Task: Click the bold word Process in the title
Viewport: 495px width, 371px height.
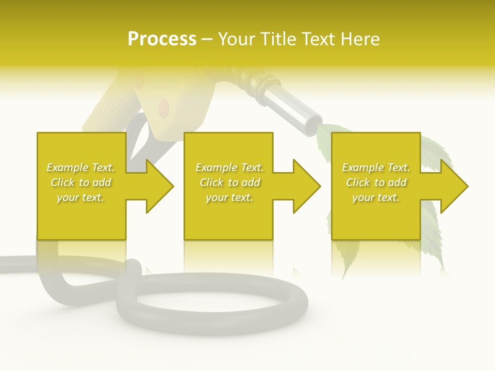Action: click(x=162, y=39)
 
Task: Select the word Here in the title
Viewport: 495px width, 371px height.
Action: click(x=361, y=39)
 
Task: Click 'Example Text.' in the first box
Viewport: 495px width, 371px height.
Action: click(x=80, y=167)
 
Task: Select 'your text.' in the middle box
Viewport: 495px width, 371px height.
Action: click(x=229, y=197)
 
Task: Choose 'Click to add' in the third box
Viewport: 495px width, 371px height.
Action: click(x=376, y=182)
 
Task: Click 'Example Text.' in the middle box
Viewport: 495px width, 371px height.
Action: click(x=229, y=167)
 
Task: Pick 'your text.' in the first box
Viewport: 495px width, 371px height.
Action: click(x=80, y=197)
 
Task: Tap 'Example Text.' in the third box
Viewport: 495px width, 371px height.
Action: click(x=376, y=167)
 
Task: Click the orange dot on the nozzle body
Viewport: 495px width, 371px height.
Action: click(x=164, y=107)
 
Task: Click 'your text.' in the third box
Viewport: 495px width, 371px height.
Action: click(x=376, y=197)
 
